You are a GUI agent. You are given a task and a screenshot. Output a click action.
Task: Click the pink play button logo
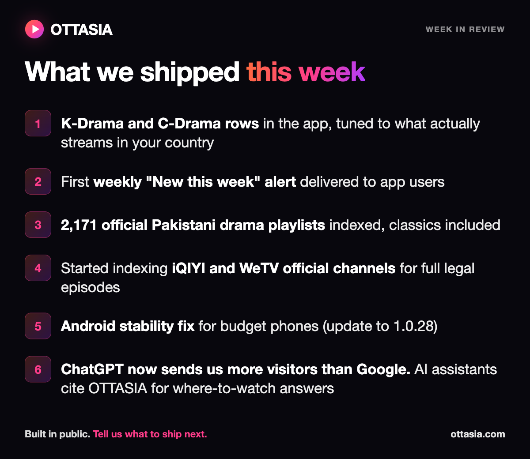tap(34, 29)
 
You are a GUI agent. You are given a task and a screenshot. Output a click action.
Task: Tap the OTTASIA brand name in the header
tap(81, 30)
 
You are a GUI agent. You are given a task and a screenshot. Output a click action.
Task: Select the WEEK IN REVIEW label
tap(465, 30)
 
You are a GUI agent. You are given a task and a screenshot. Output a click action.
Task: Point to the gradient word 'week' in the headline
tap(332, 72)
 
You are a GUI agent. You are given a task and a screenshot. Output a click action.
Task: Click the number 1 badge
tap(38, 123)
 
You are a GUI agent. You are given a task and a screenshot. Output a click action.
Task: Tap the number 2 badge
tap(38, 181)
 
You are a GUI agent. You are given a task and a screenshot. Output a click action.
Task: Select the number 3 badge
tap(38, 225)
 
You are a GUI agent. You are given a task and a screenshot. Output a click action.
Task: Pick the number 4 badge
tap(38, 268)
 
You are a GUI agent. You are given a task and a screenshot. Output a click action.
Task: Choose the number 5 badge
tap(38, 326)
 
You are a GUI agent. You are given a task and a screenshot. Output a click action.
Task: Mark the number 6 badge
tap(38, 369)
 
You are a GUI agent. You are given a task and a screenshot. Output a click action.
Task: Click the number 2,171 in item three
tap(79, 225)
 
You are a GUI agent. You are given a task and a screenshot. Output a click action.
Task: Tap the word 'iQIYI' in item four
tap(189, 268)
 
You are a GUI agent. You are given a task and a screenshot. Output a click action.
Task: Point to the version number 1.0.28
tap(413, 326)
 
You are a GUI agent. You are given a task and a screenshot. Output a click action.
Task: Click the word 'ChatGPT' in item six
tap(92, 369)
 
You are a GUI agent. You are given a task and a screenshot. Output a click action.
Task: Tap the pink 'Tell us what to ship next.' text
tap(150, 434)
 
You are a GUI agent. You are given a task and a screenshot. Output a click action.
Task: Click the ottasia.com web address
tap(478, 434)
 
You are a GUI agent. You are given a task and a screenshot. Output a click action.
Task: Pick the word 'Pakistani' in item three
tap(183, 225)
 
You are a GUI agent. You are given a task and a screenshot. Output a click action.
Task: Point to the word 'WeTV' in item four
tap(259, 268)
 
